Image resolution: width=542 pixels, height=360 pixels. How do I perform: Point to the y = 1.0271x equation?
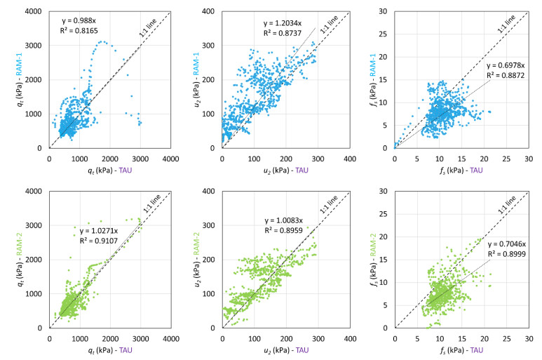tap(100, 232)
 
